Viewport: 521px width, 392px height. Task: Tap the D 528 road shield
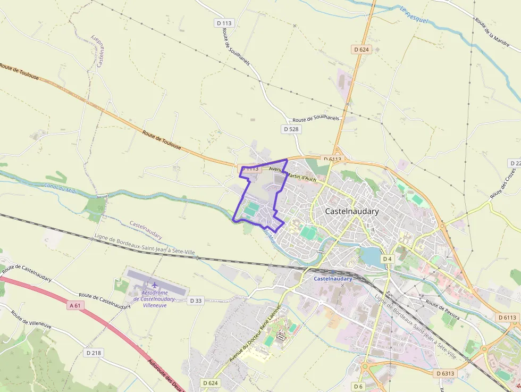tap(291, 129)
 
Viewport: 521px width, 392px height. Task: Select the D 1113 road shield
tap(249, 169)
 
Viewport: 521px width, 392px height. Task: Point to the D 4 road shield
tap(388, 259)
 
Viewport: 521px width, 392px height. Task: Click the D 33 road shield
tap(196, 301)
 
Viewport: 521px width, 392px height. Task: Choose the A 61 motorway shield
tap(76, 305)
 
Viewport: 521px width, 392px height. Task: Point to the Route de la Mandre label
tap(492, 31)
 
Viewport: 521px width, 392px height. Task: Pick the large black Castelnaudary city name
tap(351, 211)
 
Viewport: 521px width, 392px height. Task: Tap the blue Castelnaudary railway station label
tap(333, 278)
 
